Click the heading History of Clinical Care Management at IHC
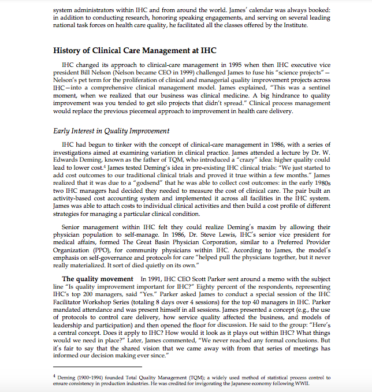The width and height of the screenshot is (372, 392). [135, 50]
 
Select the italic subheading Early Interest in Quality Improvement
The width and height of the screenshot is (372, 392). [111, 131]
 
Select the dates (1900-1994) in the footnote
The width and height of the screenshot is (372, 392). [85, 376]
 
